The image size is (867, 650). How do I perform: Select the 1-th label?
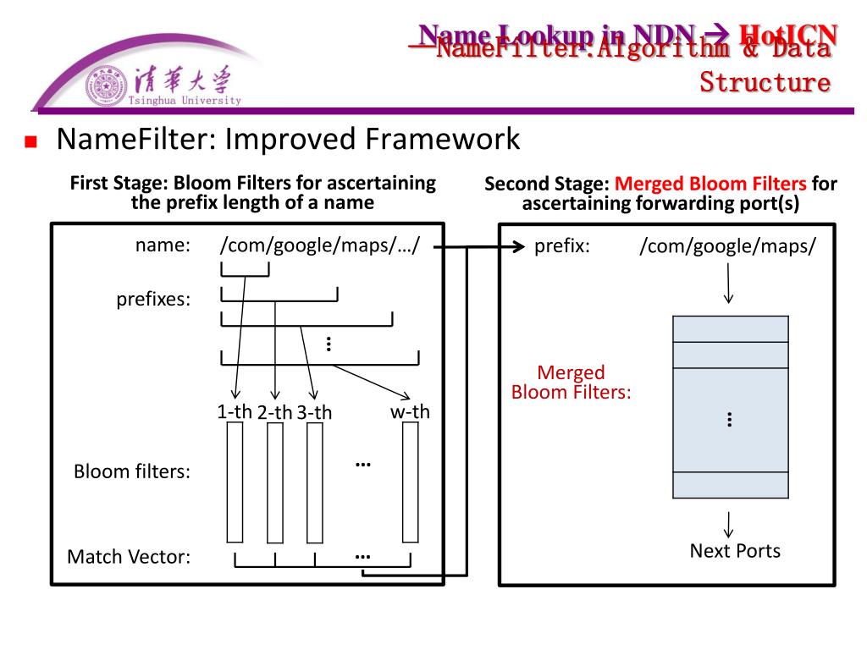(235, 412)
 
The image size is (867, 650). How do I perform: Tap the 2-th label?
(274, 413)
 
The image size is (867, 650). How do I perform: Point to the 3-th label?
(314, 413)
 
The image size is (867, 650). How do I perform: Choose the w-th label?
(410, 412)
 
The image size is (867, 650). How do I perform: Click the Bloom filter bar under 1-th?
(235, 482)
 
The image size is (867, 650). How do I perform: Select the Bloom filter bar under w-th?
(411, 482)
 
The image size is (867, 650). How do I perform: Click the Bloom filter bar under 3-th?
(314, 482)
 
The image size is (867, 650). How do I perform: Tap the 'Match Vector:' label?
(129, 557)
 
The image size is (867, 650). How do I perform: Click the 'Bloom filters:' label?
(132, 471)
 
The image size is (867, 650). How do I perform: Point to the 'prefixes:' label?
(153, 300)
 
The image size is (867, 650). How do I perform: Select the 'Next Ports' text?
(735, 551)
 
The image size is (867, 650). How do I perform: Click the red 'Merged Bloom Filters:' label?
(572, 383)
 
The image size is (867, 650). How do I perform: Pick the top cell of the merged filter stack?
(731, 328)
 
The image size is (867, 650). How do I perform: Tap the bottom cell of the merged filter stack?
(731, 485)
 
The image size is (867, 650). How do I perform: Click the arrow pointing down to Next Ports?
(728, 523)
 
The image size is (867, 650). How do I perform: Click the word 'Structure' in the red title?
(765, 82)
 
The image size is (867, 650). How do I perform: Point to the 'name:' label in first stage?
(163, 245)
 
